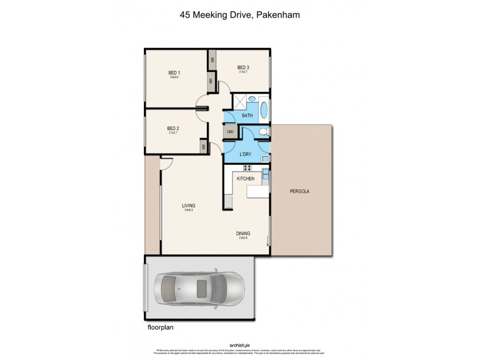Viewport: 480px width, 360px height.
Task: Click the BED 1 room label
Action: coord(174,73)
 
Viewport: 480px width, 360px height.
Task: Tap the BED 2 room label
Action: coord(174,128)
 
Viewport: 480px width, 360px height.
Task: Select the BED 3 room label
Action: coord(243,67)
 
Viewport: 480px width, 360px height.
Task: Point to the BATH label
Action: coord(247,115)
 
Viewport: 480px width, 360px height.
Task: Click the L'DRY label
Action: coord(245,155)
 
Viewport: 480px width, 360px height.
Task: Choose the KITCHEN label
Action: coord(246,179)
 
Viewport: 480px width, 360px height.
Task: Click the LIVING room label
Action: coord(189,206)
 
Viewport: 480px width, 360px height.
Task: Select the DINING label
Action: coord(243,233)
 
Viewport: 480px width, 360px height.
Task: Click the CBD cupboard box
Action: coord(230,132)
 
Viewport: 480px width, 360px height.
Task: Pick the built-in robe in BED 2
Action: coord(204,146)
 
